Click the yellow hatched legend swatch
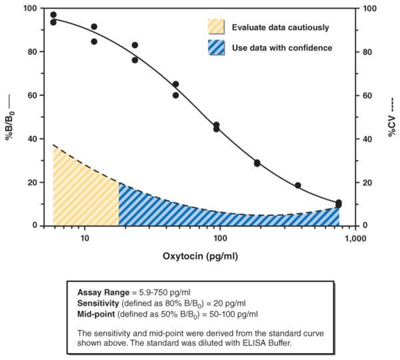click(217, 27)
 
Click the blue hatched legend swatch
click(217, 48)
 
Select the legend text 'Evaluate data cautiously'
click(280, 27)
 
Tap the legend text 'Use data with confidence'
click(282, 48)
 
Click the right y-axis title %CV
click(393, 117)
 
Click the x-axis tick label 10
click(85, 238)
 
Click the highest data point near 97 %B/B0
click(53, 15)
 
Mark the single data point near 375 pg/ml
click(298, 185)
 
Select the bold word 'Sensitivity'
click(99, 303)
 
